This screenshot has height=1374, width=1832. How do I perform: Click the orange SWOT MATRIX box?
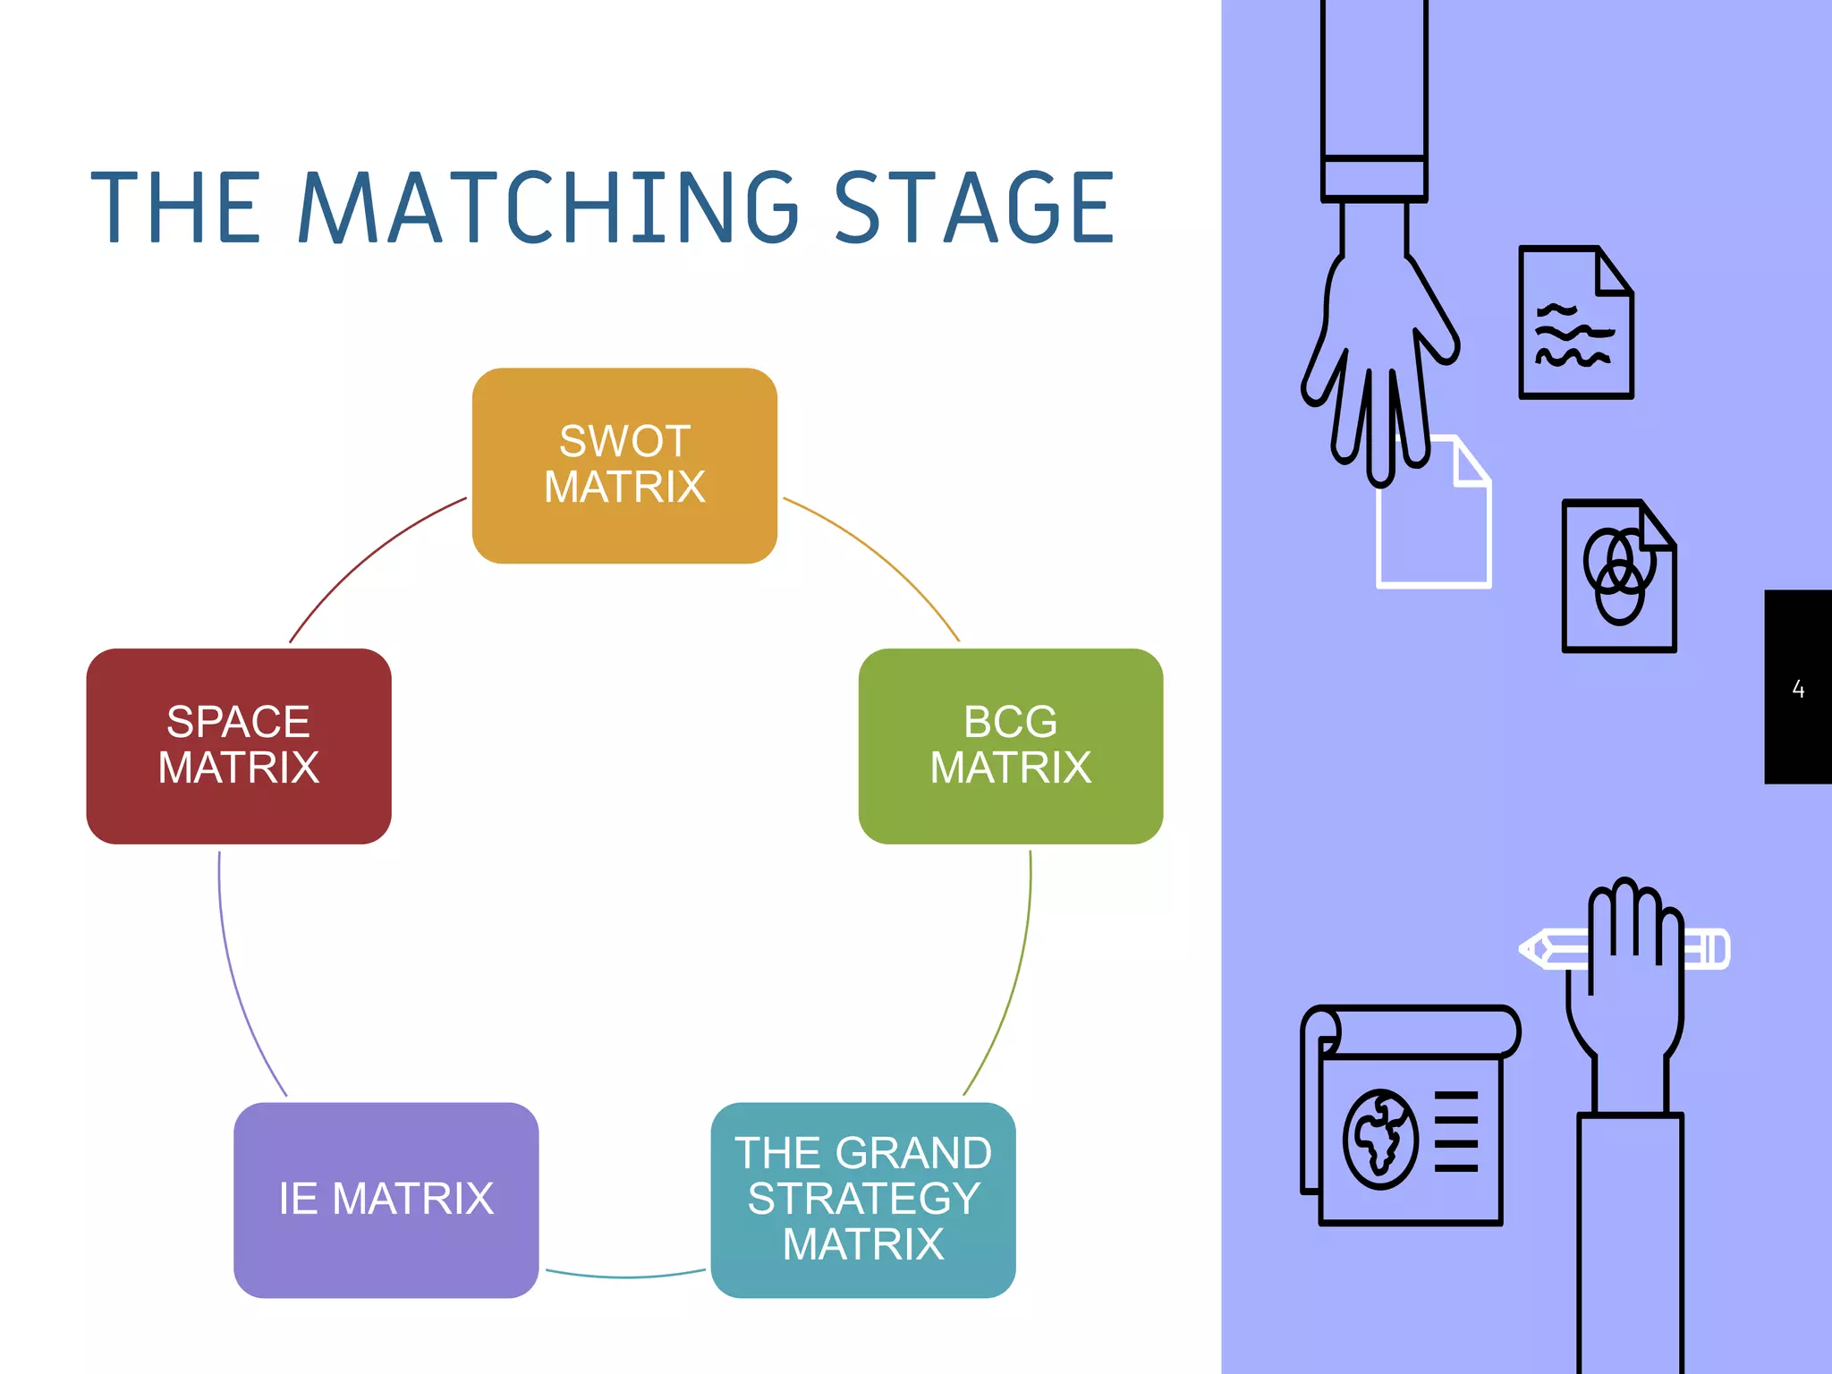[624, 465]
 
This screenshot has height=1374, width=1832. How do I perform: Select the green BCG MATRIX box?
[1010, 745]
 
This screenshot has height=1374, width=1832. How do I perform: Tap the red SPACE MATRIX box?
[239, 745]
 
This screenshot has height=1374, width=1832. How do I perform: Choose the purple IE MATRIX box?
[386, 1200]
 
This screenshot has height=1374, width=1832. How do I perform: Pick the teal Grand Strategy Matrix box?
[863, 1200]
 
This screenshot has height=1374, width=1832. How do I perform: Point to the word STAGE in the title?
[974, 208]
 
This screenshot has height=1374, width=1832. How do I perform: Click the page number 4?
[1798, 689]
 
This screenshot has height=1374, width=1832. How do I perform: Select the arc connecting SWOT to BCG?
[881, 557]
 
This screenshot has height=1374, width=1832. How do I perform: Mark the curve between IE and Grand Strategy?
[626, 1276]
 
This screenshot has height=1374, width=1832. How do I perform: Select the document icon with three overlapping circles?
[1618, 576]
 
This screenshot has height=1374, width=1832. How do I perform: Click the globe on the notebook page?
[1380, 1139]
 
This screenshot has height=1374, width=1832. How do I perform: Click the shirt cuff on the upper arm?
[1374, 178]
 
